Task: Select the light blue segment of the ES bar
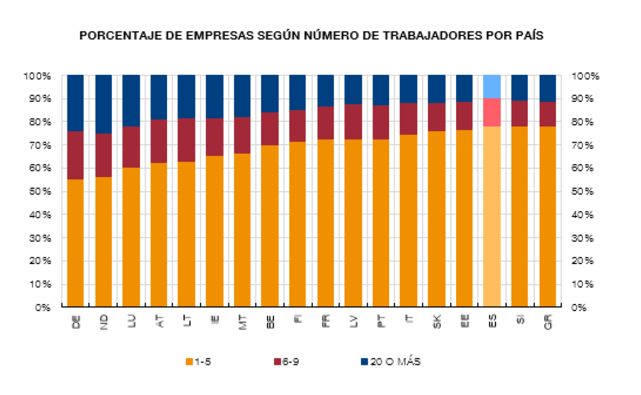point(492,86)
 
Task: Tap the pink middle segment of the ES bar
point(492,112)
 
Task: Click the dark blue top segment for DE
point(76,102)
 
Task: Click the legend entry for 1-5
point(200,362)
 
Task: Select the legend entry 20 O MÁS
point(391,362)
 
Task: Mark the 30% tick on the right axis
point(584,238)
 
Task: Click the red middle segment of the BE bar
point(270,129)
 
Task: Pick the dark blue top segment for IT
point(409,89)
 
